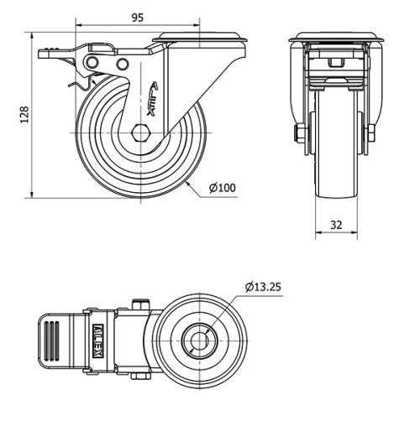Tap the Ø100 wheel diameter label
tap(220, 187)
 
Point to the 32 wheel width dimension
tap(335, 225)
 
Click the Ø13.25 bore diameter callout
tap(264, 287)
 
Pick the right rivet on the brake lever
tap(123, 65)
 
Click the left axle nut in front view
tap(299, 133)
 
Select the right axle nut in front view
tap(370, 133)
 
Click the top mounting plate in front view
tap(335, 39)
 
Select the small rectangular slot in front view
tap(334, 63)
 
